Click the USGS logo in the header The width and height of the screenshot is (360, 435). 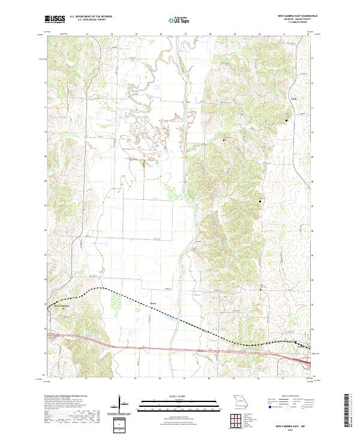[x=55, y=19]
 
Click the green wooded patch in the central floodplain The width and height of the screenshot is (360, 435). [x=174, y=193]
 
